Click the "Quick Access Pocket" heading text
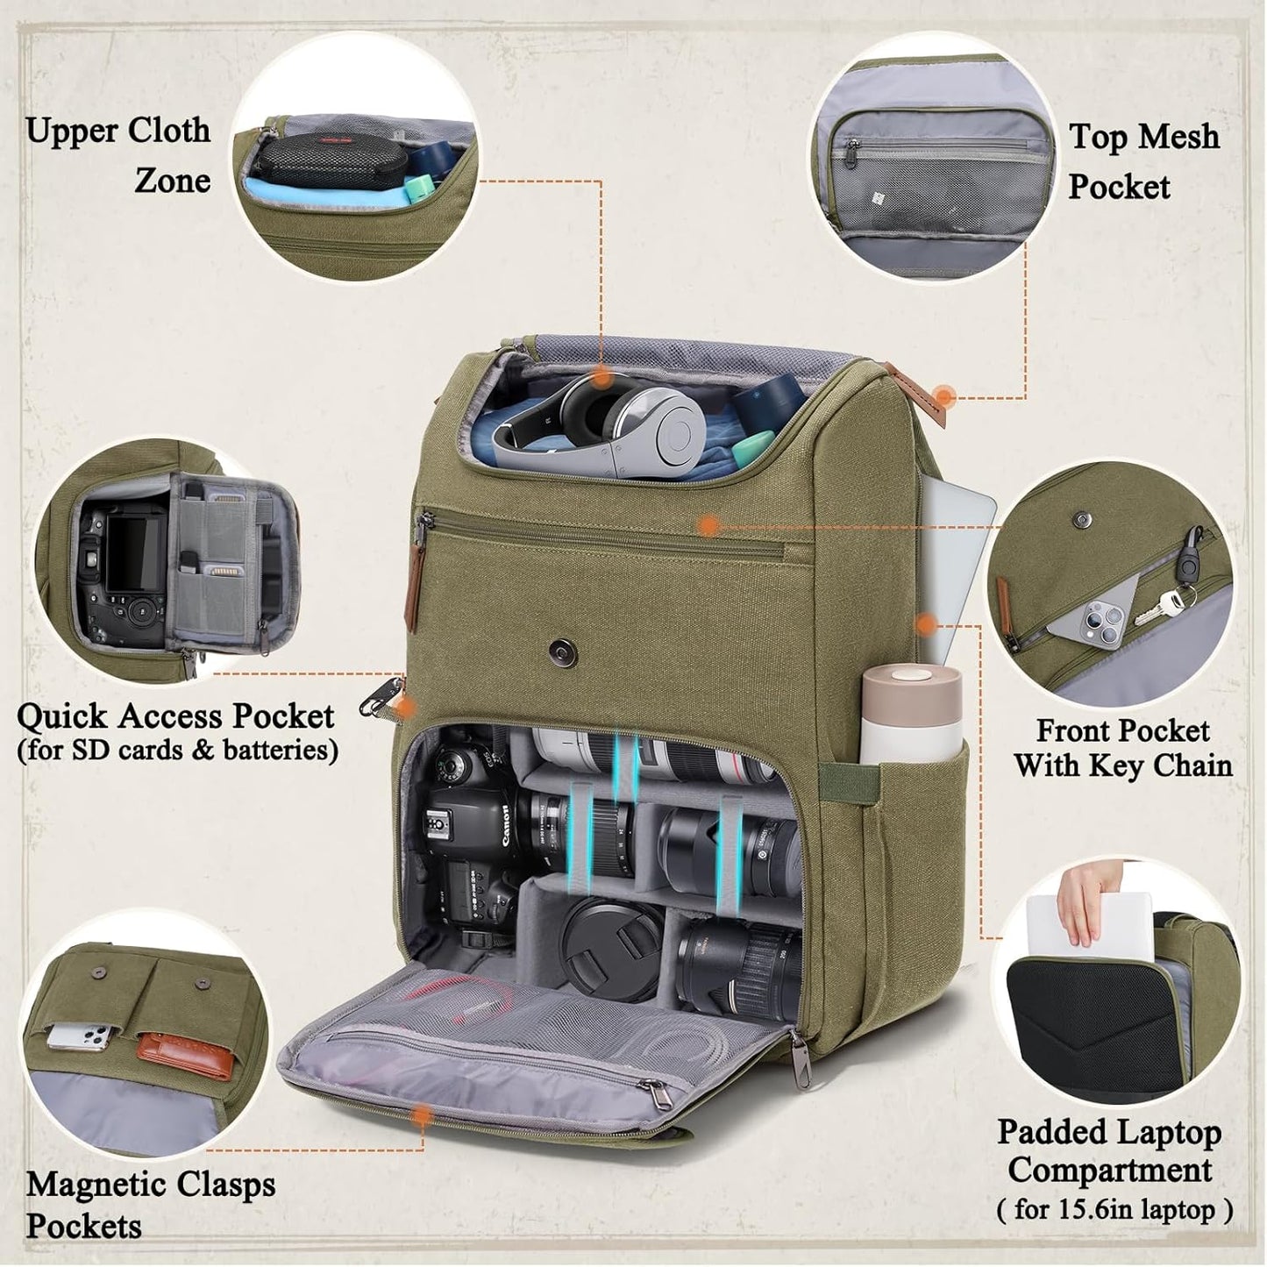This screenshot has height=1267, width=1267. tap(175, 716)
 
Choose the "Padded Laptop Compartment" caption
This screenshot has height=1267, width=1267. tap(1109, 1150)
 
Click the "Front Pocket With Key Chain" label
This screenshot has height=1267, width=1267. tap(1123, 747)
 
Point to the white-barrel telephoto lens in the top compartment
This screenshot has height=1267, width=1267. tap(649, 754)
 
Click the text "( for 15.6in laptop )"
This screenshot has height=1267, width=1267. tap(1114, 1210)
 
